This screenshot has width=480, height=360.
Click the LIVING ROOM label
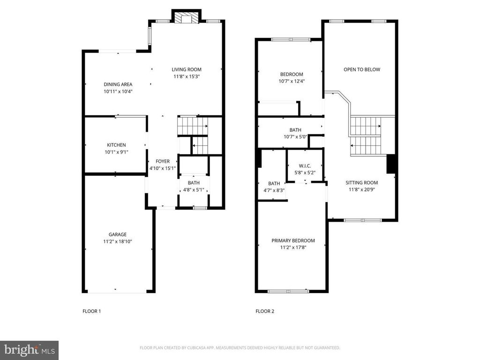coord(187,69)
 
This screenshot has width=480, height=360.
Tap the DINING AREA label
coord(118,84)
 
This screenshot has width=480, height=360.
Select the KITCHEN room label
coord(116,145)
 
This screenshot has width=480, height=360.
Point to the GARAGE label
coord(118,234)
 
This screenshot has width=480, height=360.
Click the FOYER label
coord(163,161)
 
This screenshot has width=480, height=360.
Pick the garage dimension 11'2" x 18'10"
coord(118,241)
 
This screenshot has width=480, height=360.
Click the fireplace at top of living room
coord(186,17)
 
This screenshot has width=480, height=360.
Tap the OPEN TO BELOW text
coord(362,69)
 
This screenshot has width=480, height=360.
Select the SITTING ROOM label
coord(361,183)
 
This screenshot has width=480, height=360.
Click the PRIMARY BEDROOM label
coord(293,240)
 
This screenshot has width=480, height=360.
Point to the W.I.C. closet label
coord(305,166)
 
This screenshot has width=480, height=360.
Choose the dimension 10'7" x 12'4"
coord(292,82)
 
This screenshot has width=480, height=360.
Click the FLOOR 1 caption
coord(91,311)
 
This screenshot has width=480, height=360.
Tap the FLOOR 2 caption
coord(265,311)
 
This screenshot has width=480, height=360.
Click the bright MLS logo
coord(30,350)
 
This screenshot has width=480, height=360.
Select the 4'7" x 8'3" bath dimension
coord(274,190)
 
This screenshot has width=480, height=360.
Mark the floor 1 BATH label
coord(194,183)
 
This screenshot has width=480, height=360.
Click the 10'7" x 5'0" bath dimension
coord(295,137)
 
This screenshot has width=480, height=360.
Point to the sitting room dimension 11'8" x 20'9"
coord(362,190)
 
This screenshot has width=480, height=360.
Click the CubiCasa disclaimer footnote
coord(240,348)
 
